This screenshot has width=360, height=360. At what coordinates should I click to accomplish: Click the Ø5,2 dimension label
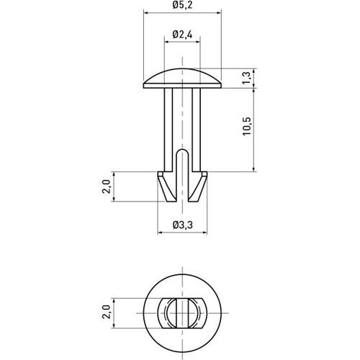182,5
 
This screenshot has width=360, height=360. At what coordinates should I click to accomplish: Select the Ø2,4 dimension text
182,35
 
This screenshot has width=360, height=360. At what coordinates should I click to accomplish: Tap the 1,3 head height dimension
247,78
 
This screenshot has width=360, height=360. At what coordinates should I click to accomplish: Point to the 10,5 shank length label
247,127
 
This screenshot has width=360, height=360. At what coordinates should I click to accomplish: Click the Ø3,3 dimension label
183,225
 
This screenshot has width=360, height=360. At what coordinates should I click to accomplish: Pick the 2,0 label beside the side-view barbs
107,186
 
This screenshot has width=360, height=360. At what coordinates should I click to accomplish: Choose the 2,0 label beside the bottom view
107,312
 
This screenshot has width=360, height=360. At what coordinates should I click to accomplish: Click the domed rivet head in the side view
182,78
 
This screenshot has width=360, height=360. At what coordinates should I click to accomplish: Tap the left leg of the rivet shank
168,130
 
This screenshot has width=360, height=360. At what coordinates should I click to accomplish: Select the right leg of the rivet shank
197,130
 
